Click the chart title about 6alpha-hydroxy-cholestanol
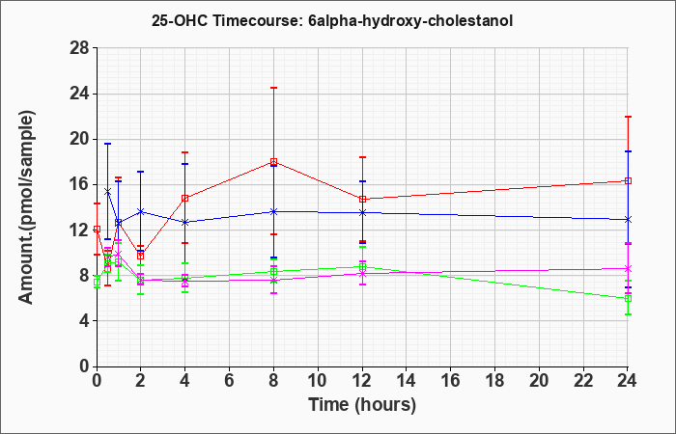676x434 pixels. [x=332, y=20]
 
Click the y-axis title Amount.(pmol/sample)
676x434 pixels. [x=26, y=207]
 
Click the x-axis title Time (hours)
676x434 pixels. [x=362, y=405]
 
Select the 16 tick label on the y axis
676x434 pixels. [x=79, y=185]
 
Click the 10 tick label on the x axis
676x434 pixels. [x=318, y=381]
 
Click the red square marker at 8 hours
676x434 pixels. [x=273, y=162]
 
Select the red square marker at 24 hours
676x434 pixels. [x=628, y=181]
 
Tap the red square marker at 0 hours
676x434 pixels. [x=97, y=230]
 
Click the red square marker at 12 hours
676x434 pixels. [x=362, y=200]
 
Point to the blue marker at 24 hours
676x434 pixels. [x=628, y=220]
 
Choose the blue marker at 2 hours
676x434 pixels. [x=141, y=211]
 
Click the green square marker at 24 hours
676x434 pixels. [x=628, y=298]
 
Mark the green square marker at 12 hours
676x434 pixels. [x=362, y=267]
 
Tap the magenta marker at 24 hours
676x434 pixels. [x=628, y=269]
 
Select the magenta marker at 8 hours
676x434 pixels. [x=273, y=281]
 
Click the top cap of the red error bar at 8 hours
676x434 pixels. [x=273, y=88]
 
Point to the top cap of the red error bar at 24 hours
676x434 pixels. [x=628, y=117]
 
